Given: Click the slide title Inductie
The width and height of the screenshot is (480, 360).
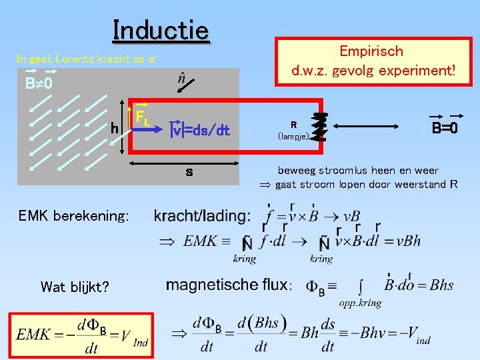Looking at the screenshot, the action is (161, 30).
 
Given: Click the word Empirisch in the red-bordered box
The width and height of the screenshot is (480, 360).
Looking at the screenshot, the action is (371, 51).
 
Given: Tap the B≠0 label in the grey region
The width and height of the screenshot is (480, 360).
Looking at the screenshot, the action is (39, 85).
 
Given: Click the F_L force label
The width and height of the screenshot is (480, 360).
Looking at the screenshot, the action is (142, 118).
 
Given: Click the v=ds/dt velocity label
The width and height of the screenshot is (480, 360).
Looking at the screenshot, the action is (201, 130).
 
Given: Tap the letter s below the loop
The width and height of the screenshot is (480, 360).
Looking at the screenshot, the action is (189, 172).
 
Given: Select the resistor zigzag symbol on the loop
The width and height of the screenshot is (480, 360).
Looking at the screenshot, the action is (321, 127).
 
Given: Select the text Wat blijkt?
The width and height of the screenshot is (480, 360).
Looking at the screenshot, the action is (74, 287).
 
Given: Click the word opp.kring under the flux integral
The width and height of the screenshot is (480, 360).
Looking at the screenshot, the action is (360, 303).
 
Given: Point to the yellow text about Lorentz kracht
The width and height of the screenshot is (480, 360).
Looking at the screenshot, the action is (87, 59).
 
